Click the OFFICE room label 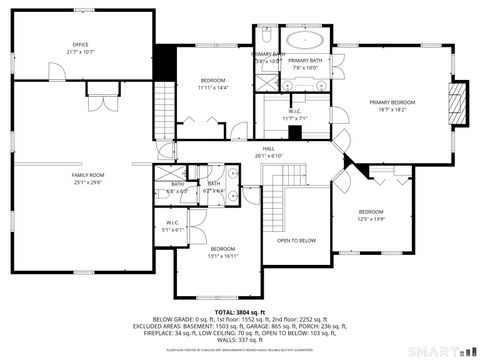(80, 45)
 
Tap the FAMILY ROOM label (87, 175)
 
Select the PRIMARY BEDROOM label (391, 102)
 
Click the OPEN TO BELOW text (297, 240)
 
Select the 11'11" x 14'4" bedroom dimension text (213, 87)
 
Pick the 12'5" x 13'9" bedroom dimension (371, 219)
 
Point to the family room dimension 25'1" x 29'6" (87, 182)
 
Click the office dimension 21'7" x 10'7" (80, 52)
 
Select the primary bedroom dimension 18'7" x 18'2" (391, 109)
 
